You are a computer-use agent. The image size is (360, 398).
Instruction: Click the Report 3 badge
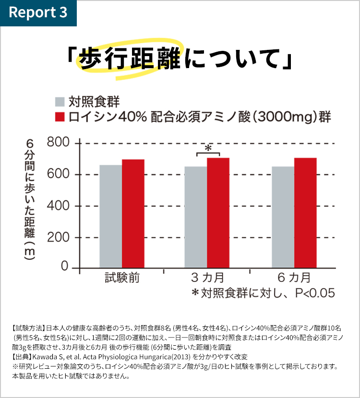(x=38, y=12)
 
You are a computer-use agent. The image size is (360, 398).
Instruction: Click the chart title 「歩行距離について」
(x=180, y=60)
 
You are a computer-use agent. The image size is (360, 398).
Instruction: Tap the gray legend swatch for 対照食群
(x=60, y=102)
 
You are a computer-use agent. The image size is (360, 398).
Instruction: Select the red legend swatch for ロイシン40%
(x=60, y=117)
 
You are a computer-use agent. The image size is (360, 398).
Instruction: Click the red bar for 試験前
(x=133, y=214)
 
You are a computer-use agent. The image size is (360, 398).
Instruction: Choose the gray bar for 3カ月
(x=196, y=217)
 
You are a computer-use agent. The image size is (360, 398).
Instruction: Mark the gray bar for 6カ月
(x=283, y=217)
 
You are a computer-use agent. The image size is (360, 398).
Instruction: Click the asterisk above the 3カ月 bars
(x=208, y=148)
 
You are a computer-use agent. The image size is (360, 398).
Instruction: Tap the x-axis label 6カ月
(x=294, y=278)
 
